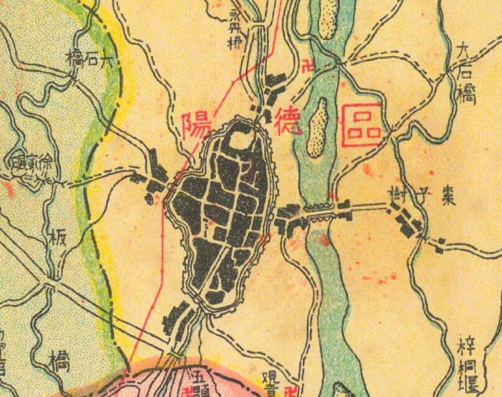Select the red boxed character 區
tap(362, 124)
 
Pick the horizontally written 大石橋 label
tap(89, 60)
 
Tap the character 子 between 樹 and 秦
tap(423, 196)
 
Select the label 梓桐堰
tap(467, 363)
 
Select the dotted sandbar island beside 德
tap(318, 127)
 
